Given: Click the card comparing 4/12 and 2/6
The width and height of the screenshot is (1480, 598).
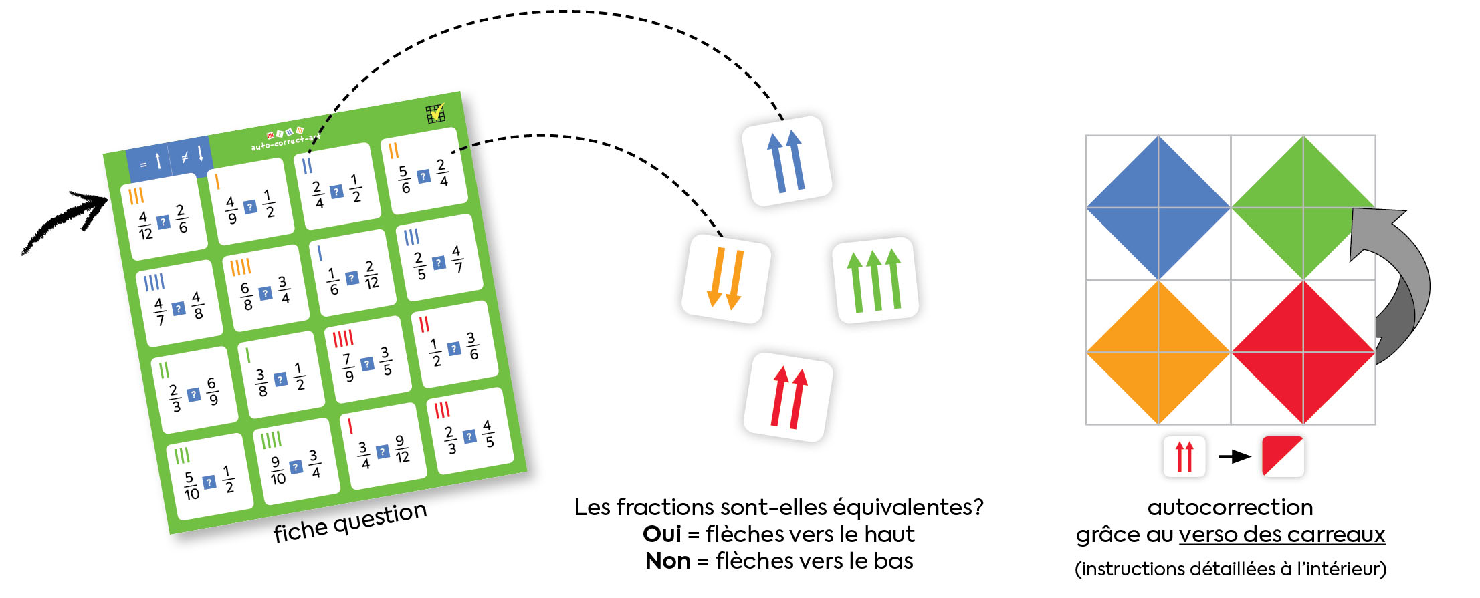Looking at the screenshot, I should pos(163,217).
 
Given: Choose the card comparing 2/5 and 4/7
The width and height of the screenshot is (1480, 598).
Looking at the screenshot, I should pos(439,259).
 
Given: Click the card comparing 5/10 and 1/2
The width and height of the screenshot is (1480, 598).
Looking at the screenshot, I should pos(209,477).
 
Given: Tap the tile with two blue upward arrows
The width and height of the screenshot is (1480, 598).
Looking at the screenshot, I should pos(786,161).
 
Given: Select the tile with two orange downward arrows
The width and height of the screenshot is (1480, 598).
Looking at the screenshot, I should pos(726,279).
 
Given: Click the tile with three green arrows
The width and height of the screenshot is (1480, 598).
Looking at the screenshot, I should pos(875,280).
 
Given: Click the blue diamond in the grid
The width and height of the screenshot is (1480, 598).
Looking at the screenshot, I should pos(1158,208).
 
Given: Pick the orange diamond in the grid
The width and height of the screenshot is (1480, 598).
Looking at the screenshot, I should pos(1158,352).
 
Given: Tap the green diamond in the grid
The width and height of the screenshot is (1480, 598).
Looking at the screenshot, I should pos(1303,208).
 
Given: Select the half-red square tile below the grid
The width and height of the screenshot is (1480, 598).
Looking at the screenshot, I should pos(1283,456).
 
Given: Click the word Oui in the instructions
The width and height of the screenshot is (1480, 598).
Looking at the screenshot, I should pos(661,534).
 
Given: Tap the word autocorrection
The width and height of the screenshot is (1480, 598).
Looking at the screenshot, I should pos(1230,507).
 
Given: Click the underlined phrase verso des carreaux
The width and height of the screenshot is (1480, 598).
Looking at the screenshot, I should pos(1281,535).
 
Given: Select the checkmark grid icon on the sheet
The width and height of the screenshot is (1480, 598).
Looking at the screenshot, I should pos(435,114).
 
